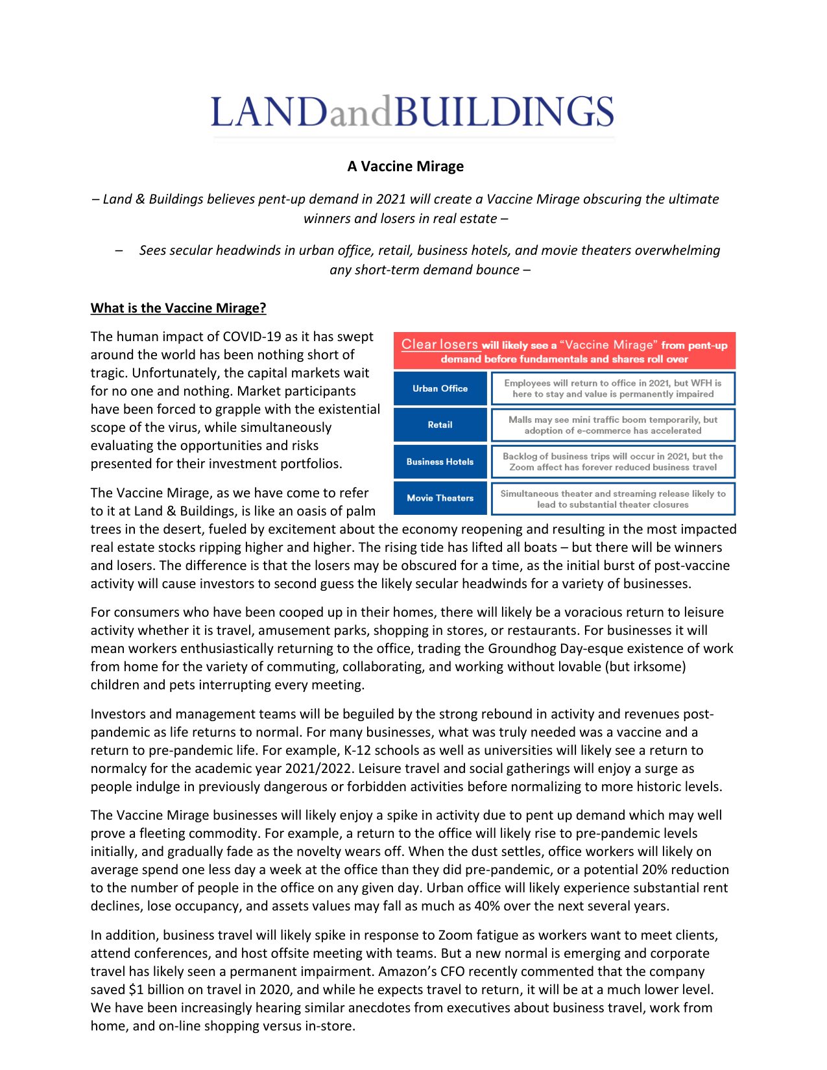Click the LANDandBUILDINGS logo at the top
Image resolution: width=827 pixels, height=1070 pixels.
(412, 112)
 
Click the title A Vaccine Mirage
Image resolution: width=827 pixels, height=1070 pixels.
(405, 166)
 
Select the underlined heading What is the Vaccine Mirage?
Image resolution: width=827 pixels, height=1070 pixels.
(178, 308)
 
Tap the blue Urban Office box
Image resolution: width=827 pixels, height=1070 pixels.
(440, 388)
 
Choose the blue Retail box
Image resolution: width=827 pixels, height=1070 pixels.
(440, 425)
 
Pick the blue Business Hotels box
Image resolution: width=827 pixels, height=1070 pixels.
(440, 462)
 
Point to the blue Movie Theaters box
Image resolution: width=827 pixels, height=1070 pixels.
(440, 498)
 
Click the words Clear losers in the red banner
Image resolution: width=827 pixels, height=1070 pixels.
(439, 344)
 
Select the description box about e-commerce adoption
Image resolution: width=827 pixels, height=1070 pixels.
(613, 425)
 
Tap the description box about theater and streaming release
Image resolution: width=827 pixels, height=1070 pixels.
(613, 499)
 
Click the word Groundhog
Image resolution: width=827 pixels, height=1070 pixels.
(521, 648)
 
